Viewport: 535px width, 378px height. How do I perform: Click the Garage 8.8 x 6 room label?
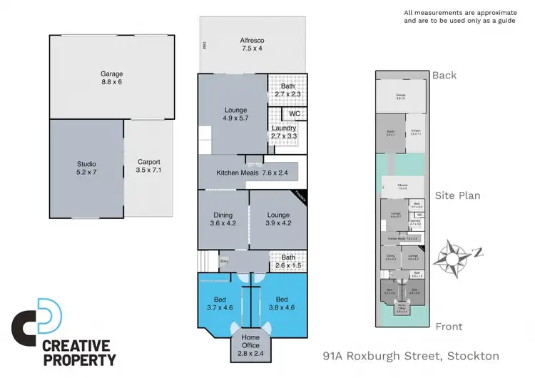click(x=111, y=78)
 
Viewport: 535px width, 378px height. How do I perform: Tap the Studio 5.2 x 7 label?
click(x=86, y=168)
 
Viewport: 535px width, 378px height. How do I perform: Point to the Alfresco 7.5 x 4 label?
click(x=251, y=45)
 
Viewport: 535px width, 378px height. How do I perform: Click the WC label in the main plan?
click(x=294, y=113)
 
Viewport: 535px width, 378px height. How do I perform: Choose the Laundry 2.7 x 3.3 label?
click(x=283, y=132)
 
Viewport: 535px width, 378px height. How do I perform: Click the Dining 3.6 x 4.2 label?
click(x=223, y=219)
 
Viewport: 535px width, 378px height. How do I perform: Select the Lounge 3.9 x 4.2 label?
click(x=278, y=219)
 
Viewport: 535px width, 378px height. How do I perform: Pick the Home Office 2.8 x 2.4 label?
click(x=250, y=345)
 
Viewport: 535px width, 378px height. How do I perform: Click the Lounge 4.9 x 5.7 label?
click(x=235, y=114)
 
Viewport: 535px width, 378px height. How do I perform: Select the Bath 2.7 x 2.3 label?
click(x=287, y=90)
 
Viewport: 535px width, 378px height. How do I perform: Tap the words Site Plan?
click(x=457, y=195)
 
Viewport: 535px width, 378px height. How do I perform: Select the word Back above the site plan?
click(x=444, y=75)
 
